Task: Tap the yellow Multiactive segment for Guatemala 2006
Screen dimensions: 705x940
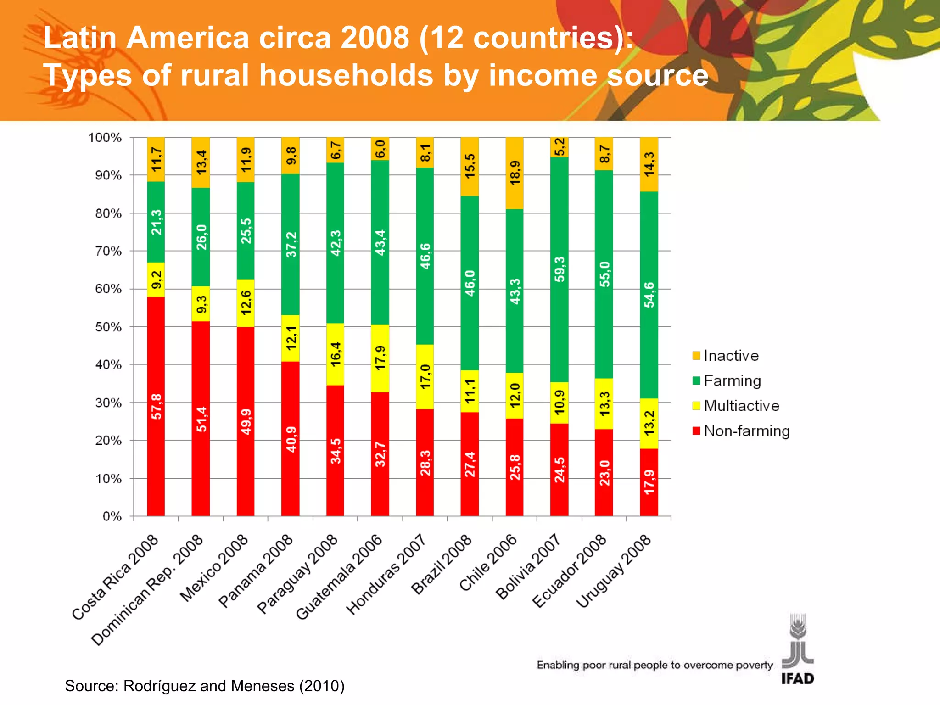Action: tap(380, 358)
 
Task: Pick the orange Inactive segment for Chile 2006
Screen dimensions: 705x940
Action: tap(515, 173)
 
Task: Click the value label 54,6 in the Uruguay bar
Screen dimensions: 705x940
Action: tap(649, 295)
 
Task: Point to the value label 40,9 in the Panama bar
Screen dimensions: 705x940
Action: tap(291, 439)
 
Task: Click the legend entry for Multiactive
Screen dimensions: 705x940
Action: tap(741, 406)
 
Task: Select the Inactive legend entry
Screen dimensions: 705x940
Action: tap(730, 356)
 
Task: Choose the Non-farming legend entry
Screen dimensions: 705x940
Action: tap(746, 431)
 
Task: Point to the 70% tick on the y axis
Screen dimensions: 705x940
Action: tap(108, 251)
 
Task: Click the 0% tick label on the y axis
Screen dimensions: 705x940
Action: tap(112, 516)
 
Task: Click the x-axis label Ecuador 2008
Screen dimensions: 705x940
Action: tap(570, 571)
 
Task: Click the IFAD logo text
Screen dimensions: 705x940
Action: tap(798, 678)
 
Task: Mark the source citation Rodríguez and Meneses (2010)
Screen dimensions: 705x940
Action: tap(204, 686)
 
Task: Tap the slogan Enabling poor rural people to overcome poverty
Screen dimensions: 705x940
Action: tap(655, 665)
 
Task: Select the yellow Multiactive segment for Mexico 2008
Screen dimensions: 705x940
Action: tap(246, 303)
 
